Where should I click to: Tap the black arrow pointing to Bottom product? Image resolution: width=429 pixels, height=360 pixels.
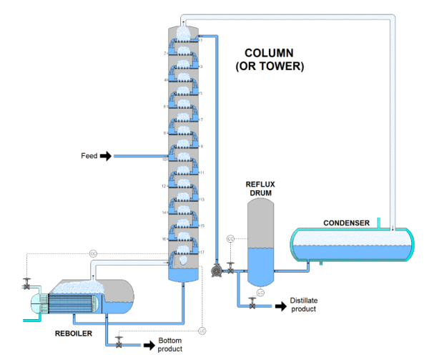[x=149, y=345]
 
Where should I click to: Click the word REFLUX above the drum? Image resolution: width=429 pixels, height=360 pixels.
[x=260, y=185]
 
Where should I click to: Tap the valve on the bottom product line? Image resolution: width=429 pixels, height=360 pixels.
[x=119, y=343]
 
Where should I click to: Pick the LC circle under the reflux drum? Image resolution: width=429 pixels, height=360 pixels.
[x=260, y=293]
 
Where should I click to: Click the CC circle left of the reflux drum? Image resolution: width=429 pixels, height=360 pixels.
[x=230, y=238]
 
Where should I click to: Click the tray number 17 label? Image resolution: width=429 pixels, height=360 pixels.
[x=202, y=252]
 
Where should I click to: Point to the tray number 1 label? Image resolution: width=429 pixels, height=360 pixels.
[x=202, y=40]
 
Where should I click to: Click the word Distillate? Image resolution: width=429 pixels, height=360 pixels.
[x=303, y=301]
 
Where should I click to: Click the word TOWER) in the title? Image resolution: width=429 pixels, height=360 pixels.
[x=285, y=67]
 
